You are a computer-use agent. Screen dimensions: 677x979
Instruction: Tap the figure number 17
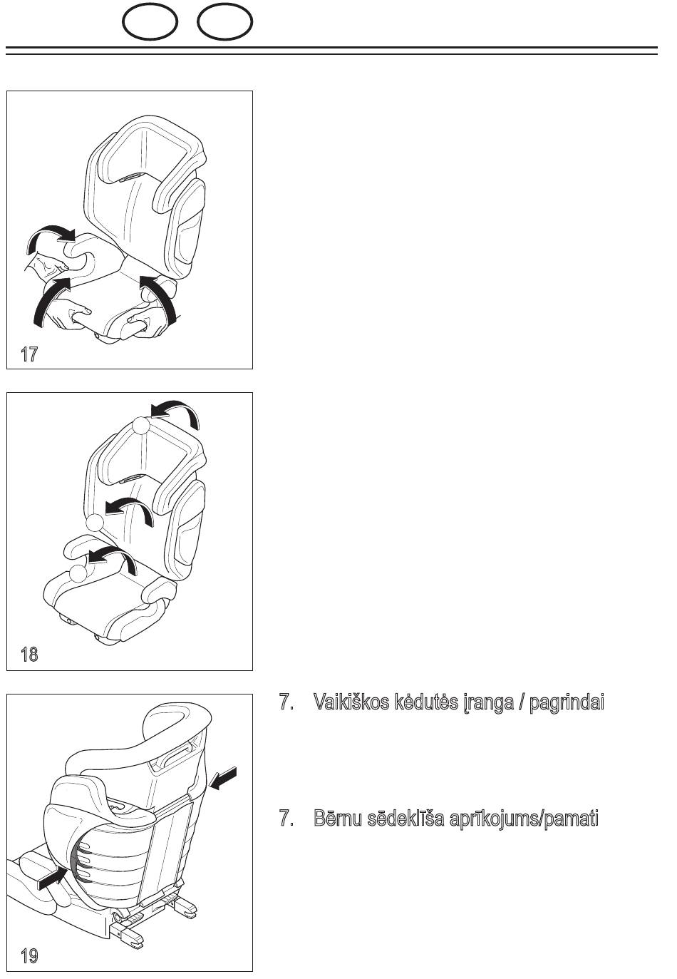(x=29, y=354)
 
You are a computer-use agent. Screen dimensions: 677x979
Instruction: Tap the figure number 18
(x=29, y=655)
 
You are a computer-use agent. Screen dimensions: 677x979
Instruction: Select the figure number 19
(x=29, y=956)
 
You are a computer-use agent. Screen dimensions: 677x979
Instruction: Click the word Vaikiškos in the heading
(x=351, y=702)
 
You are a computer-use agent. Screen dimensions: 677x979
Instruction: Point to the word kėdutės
(x=426, y=702)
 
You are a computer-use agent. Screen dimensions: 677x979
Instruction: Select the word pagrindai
(x=567, y=703)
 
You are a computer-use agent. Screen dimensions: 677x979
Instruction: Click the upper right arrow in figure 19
(x=223, y=779)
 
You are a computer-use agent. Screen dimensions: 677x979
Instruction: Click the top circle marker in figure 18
(x=141, y=425)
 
